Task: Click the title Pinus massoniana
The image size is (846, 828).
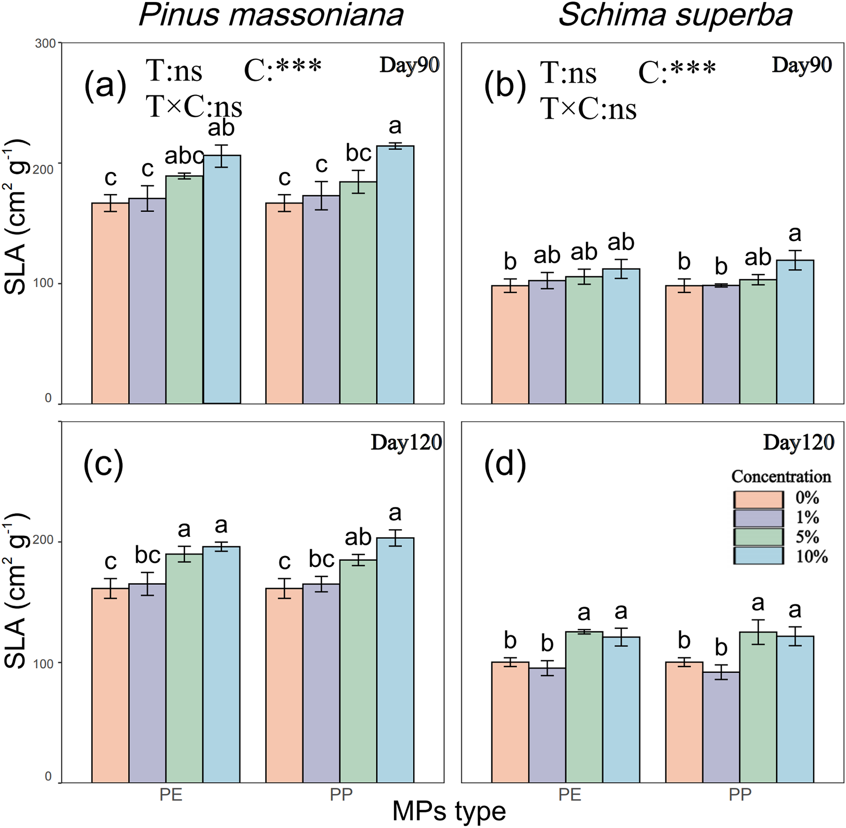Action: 271,15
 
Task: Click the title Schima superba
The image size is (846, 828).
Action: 675,15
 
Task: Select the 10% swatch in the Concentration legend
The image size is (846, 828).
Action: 758,556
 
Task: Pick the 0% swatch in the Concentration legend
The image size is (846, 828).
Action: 758,499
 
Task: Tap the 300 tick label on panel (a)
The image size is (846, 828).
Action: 45,43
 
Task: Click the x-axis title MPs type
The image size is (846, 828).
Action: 449,811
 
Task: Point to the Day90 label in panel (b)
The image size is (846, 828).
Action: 802,65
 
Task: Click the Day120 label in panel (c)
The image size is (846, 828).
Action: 406,442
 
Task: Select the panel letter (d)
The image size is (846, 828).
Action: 505,464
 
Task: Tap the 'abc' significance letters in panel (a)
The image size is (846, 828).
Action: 184,155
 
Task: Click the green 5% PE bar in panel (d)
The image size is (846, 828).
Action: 584,707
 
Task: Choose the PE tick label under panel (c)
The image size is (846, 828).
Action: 171,794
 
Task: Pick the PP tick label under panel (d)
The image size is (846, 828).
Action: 740,794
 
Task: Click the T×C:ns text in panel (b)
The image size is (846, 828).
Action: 588,110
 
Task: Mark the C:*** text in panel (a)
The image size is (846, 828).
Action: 283,70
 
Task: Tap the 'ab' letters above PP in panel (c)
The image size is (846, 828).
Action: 358,537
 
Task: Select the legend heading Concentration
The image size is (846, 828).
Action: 781,476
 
